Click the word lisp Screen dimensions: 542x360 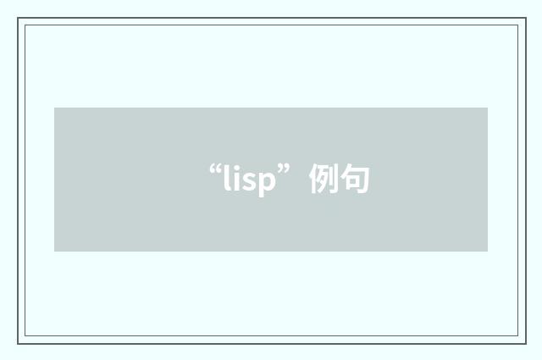(x=250, y=180)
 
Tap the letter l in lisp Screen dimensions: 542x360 (x=227, y=177)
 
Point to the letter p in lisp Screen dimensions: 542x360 (x=268, y=185)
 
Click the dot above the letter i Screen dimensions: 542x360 (x=236, y=167)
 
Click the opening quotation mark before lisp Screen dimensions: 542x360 (x=215, y=169)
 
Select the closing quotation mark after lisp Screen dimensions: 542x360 (x=284, y=169)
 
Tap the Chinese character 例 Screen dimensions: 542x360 (x=324, y=179)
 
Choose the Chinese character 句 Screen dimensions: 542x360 (x=355, y=179)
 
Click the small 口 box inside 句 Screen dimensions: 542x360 (x=352, y=181)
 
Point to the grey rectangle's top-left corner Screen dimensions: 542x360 (x=54, y=108)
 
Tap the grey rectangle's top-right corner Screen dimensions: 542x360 (x=488, y=108)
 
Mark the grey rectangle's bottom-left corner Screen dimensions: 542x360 (x=54, y=252)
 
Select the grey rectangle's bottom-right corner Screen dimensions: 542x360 (x=488, y=252)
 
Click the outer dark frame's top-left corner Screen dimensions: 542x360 (x=18, y=18)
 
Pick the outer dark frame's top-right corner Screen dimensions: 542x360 (x=526, y=18)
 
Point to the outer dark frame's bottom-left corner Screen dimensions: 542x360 (x=18, y=344)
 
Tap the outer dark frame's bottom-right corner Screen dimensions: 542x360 (x=526, y=344)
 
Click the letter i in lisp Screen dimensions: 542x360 (x=236, y=178)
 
